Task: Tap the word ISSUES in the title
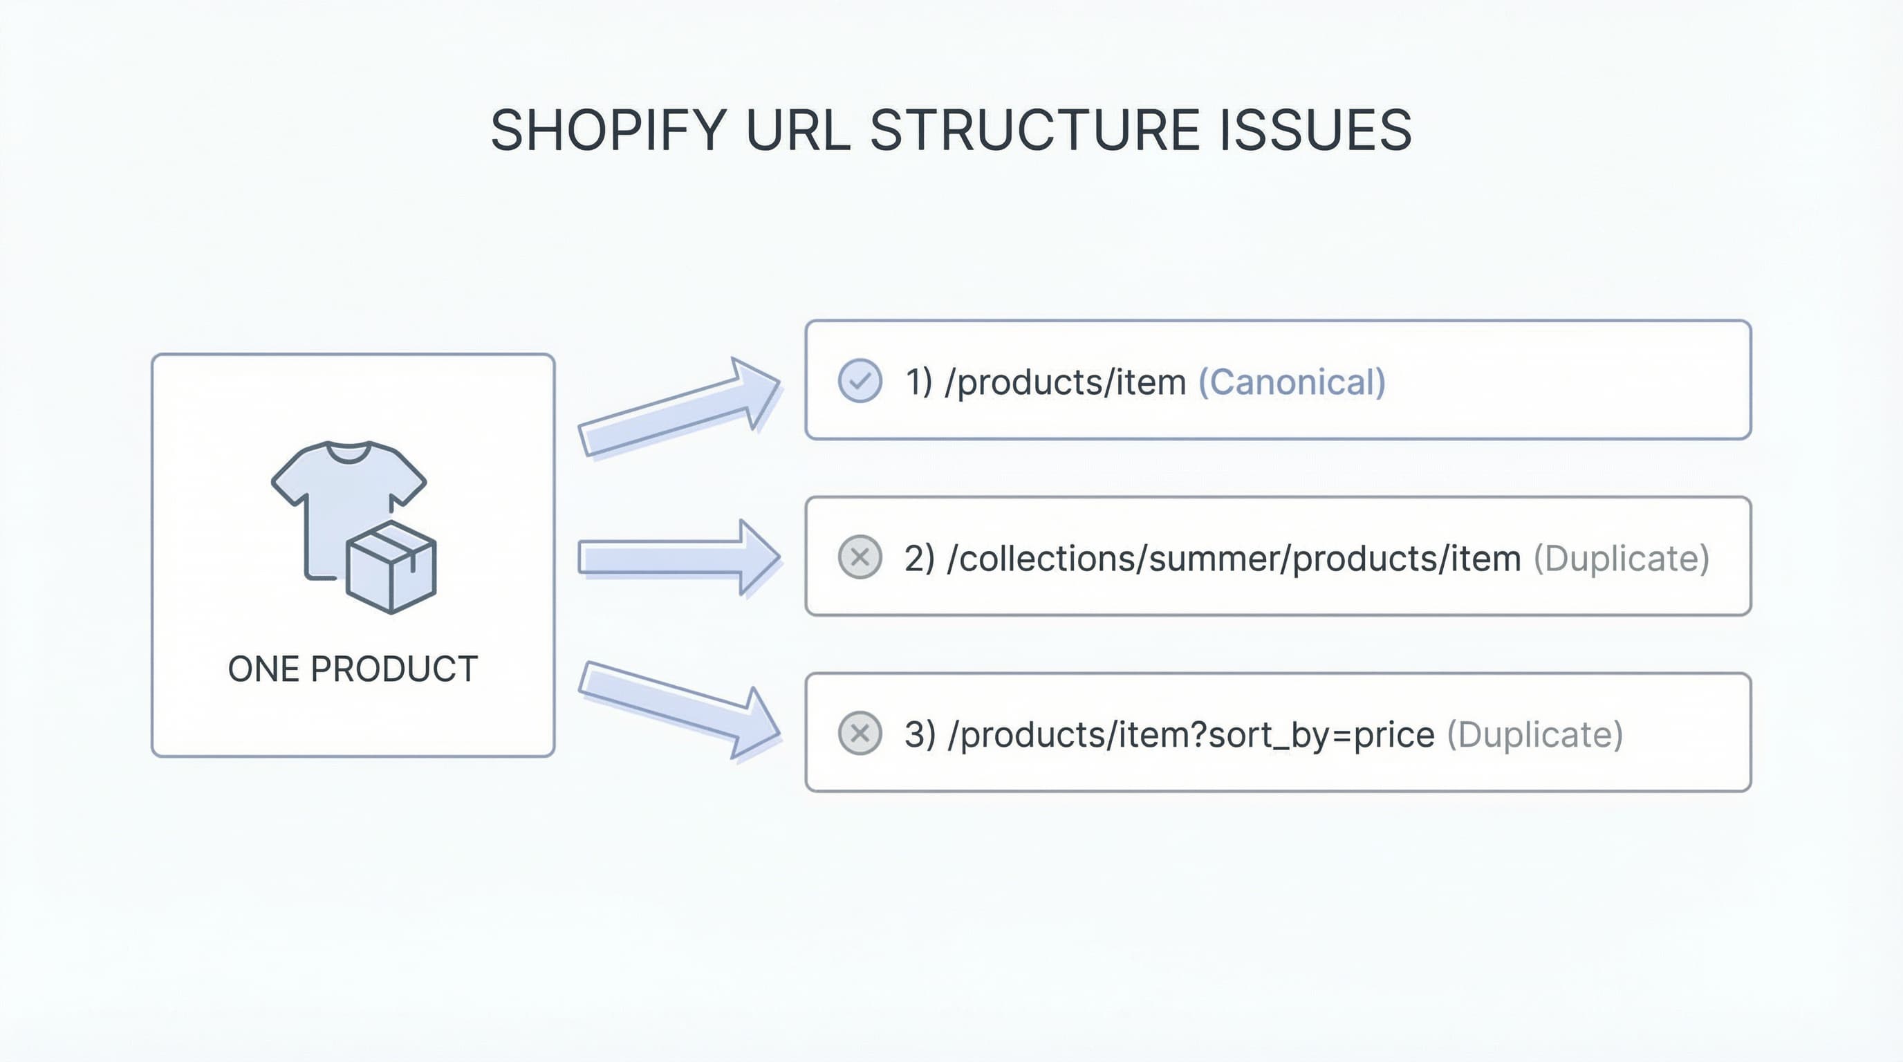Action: tap(1315, 130)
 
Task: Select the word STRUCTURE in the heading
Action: tap(1034, 130)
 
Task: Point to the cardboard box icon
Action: tap(391, 567)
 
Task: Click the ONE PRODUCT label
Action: tap(353, 669)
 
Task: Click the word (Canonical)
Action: tap(1291, 382)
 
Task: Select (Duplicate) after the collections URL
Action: tap(1622, 559)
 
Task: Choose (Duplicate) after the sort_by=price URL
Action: tap(1534, 735)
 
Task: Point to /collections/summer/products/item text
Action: tap(1233, 559)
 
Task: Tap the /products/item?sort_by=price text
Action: tap(1190, 735)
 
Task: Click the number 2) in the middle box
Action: tap(919, 559)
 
